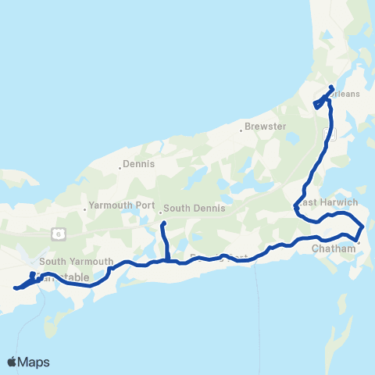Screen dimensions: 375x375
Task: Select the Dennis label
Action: (x=141, y=165)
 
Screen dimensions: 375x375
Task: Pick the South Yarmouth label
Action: (x=77, y=262)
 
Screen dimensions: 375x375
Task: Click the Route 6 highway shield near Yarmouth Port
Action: (x=58, y=233)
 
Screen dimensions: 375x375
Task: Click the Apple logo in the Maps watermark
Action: (x=12, y=362)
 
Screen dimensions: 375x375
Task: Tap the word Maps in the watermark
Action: (x=34, y=362)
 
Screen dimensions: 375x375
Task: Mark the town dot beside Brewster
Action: (x=241, y=127)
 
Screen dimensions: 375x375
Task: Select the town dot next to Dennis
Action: (x=121, y=166)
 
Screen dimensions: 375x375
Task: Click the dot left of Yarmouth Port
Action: (x=85, y=209)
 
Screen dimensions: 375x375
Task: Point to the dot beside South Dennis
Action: (x=160, y=211)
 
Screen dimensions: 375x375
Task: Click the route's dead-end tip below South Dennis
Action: (x=163, y=224)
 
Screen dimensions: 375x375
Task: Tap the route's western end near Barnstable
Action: (x=15, y=287)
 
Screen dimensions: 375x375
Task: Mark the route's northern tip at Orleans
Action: (x=332, y=87)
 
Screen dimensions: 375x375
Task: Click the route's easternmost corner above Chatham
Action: (x=363, y=227)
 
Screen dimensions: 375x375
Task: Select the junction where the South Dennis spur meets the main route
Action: (x=167, y=260)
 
